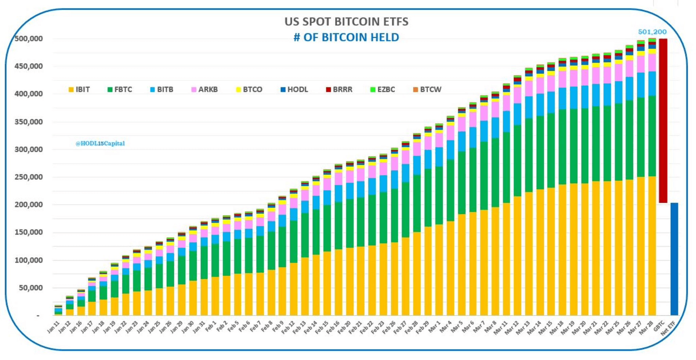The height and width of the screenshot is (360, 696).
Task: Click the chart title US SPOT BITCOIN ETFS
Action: point(346,21)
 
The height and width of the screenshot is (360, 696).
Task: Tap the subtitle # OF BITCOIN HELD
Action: point(346,37)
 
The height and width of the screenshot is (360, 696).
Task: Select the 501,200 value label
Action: point(652,32)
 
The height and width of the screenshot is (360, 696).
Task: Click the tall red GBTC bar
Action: point(663,120)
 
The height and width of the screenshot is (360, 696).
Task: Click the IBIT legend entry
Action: point(79,90)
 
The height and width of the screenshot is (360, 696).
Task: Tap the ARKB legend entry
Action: point(204,90)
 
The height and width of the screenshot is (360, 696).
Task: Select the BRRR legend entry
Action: point(338,90)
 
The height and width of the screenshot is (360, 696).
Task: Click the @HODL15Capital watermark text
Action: point(100,144)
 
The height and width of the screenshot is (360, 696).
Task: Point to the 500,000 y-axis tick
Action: point(29,39)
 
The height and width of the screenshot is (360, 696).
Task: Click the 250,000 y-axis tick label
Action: point(29,178)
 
